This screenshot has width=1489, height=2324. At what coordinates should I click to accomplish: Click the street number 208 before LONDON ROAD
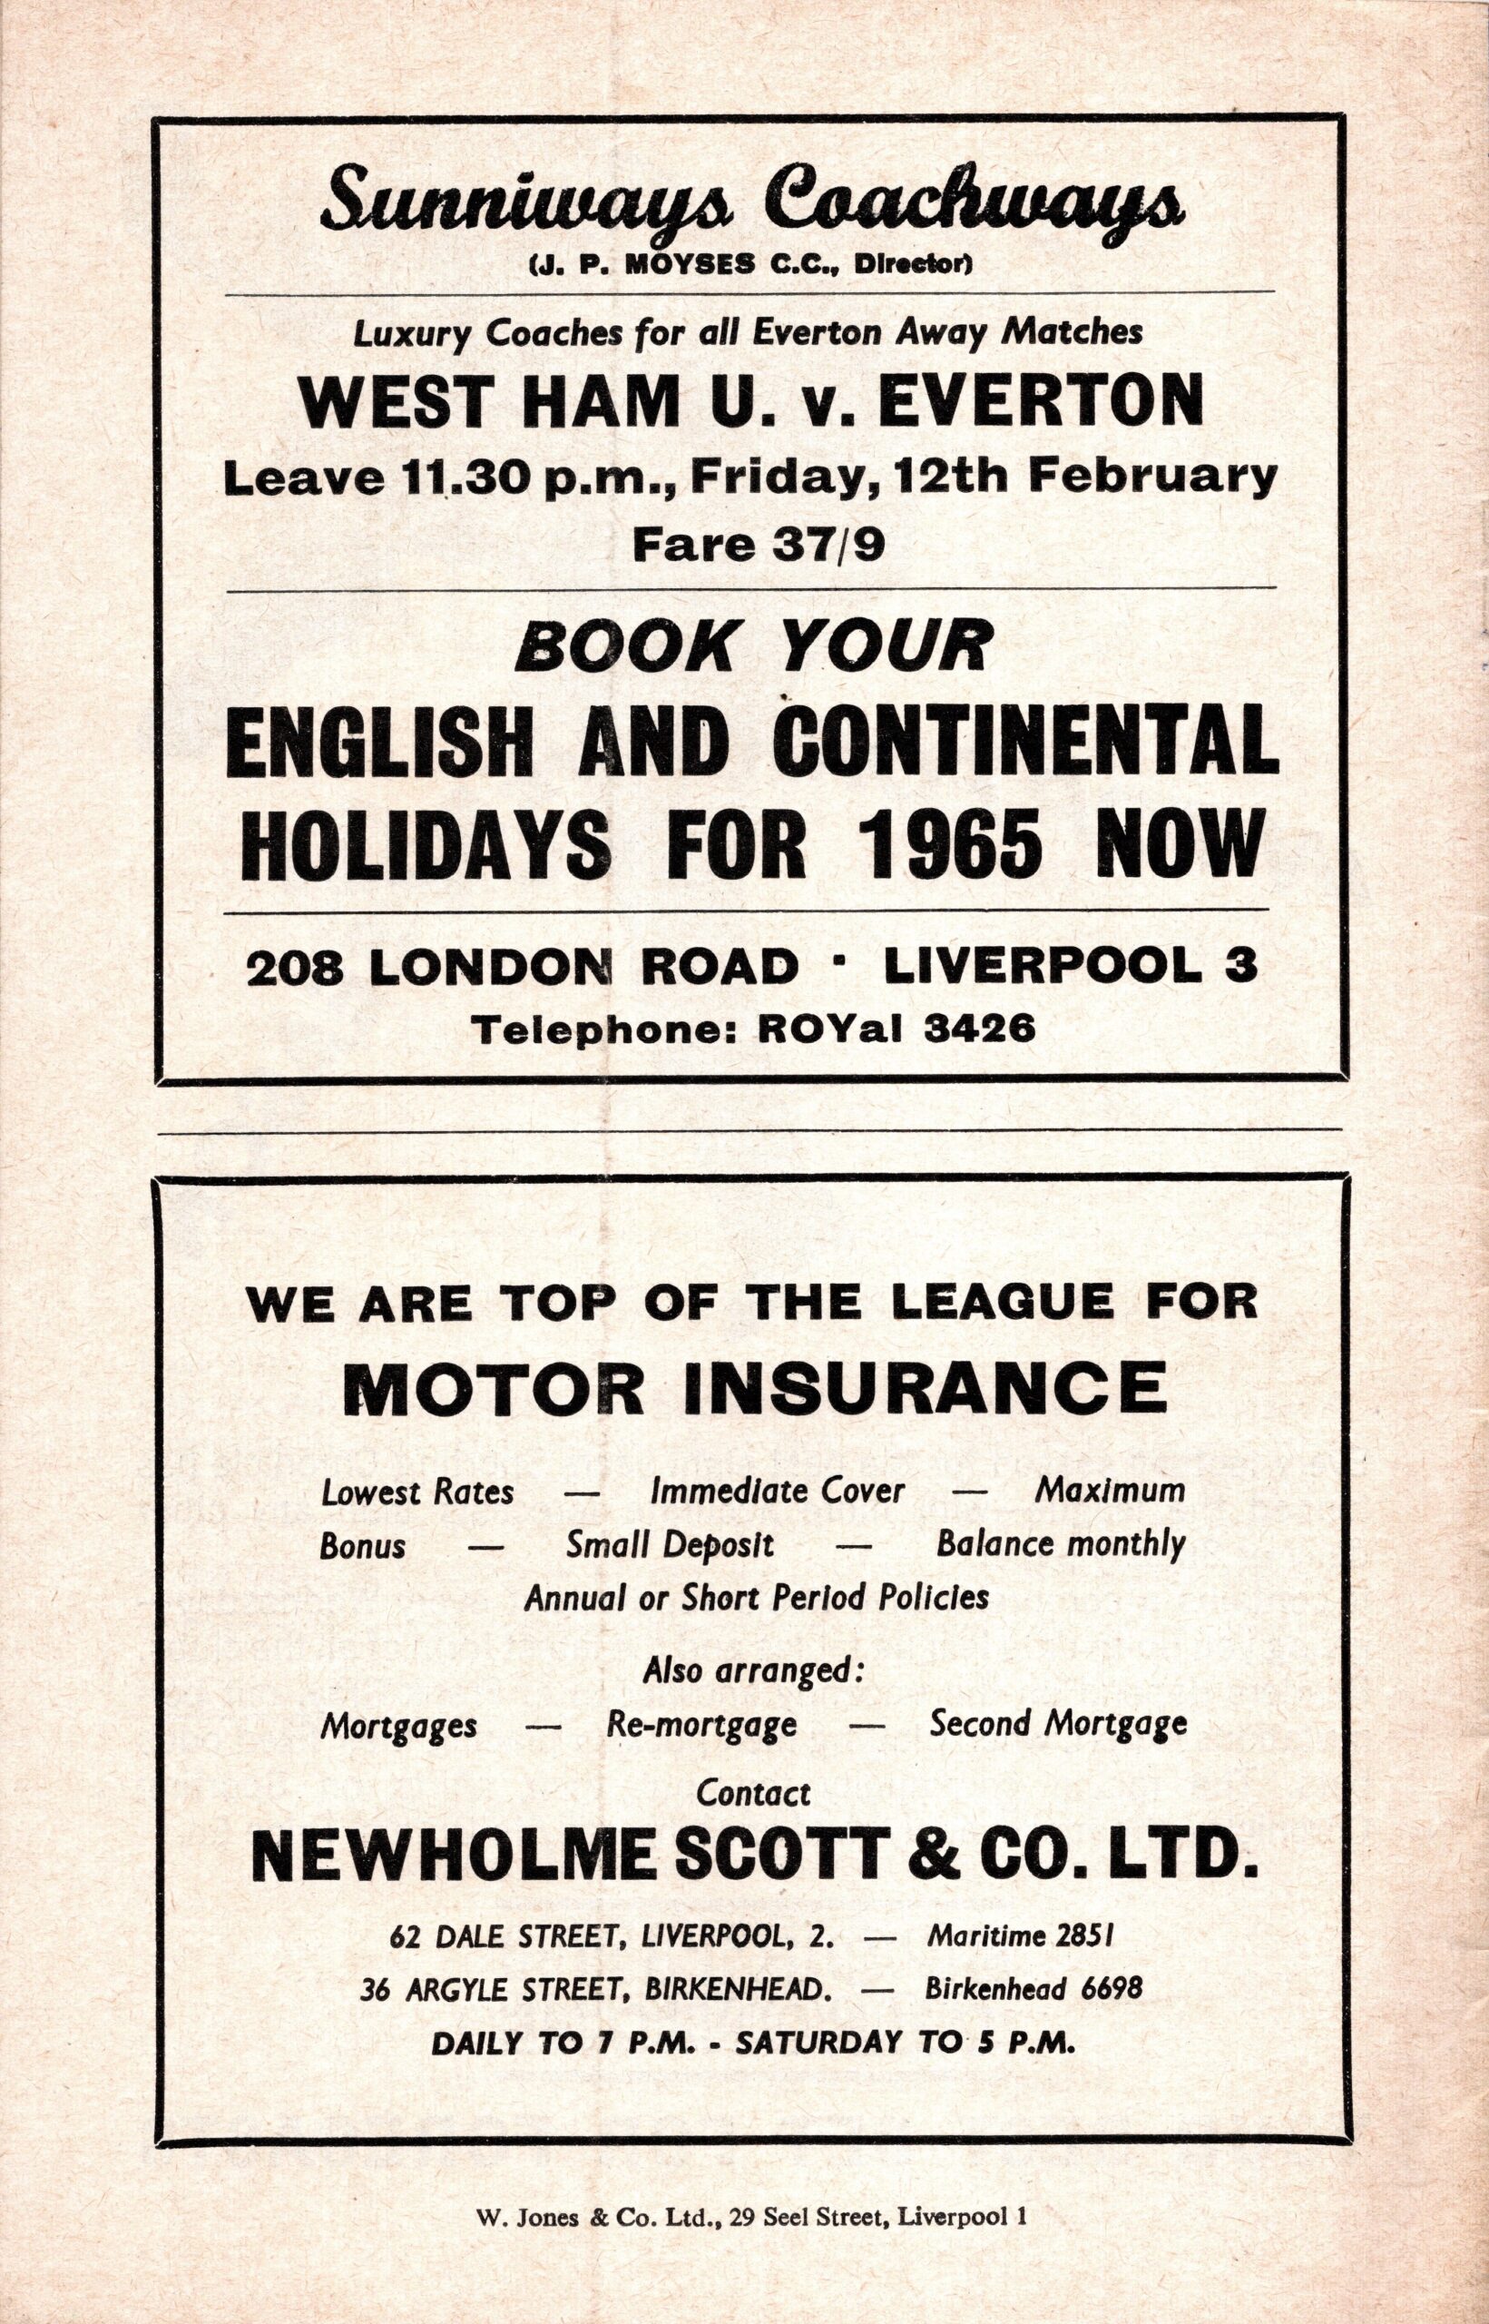click(x=294, y=968)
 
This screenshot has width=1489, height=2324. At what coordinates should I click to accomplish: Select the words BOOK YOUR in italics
click(x=749, y=648)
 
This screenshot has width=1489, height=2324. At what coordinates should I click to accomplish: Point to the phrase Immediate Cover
click(x=779, y=1491)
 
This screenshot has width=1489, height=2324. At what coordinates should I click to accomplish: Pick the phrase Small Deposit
click(x=669, y=1544)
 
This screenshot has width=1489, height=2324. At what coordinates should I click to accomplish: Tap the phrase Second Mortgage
click(x=1058, y=1722)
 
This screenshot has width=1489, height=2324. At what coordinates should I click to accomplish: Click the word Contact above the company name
click(x=753, y=1794)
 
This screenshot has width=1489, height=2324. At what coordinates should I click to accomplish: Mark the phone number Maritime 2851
click(x=1022, y=1936)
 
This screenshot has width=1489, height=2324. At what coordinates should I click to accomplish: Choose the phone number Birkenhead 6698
click(x=1033, y=1987)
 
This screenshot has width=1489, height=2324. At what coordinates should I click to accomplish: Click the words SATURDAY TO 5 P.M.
click(x=905, y=2040)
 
